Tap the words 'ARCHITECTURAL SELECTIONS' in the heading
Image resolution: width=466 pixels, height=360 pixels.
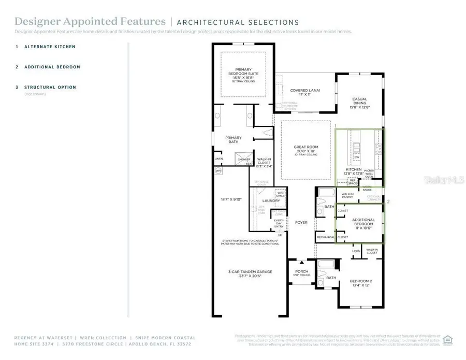(x=238, y=22)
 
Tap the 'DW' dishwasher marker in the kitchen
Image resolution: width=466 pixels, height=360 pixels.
(x=357, y=157)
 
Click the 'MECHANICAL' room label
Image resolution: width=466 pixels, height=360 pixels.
(x=326, y=237)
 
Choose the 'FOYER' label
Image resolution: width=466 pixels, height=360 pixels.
(x=301, y=223)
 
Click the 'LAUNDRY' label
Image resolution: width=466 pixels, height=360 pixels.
(x=271, y=201)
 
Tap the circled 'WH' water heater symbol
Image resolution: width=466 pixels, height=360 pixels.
(x=217, y=170)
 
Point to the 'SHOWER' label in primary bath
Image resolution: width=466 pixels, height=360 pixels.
(x=244, y=160)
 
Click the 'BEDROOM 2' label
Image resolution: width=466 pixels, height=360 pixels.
(x=361, y=281)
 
